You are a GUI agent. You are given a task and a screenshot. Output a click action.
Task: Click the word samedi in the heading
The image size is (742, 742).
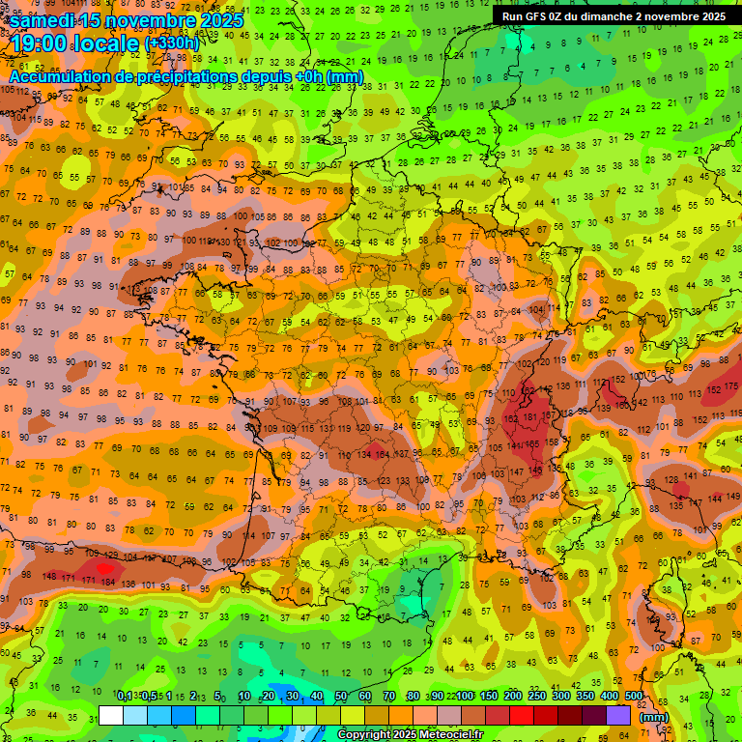46,20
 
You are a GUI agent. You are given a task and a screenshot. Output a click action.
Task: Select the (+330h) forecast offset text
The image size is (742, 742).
172,43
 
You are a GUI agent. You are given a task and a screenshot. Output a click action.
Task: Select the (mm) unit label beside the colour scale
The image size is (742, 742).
654,717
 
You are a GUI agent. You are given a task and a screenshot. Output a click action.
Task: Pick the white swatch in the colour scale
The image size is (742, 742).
111,716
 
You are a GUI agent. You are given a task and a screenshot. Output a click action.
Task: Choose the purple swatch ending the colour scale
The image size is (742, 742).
617,716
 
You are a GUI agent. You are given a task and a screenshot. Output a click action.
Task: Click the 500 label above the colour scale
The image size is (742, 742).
634,696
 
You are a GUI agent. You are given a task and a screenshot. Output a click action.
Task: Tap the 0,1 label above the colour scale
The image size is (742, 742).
125,696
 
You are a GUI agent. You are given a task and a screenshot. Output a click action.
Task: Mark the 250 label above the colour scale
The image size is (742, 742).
536,696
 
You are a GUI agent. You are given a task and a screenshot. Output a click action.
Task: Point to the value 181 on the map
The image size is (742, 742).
530,417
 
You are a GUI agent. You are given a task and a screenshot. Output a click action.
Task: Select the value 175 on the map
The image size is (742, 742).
730,385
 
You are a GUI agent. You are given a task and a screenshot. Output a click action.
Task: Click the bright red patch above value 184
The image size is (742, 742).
103,568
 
